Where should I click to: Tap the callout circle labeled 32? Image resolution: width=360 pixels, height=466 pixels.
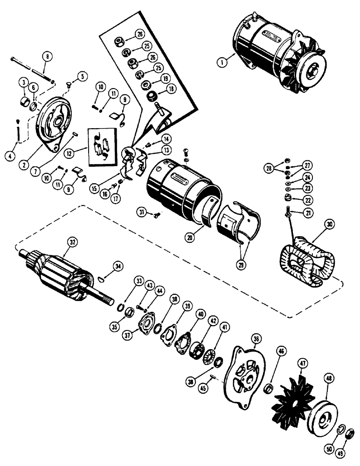tap(72, 242)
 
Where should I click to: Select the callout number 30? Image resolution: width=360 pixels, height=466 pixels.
tap(330, 225)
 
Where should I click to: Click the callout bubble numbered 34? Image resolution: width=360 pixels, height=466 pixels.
tap(118, 266)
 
